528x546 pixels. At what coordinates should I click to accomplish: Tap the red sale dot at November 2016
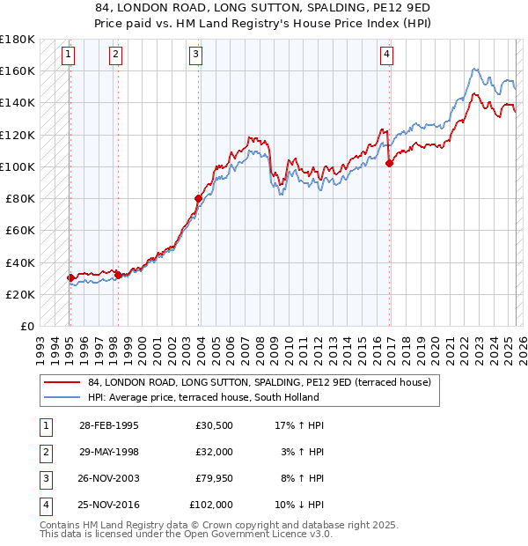(x=389, y=163)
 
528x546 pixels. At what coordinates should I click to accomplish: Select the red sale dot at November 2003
(x=198, y=198)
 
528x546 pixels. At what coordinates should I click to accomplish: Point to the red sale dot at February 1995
(x=70, y=277)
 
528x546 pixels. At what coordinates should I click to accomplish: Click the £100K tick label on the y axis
(x=18, y=166)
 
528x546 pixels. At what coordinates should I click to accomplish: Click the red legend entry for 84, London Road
(x=259, y=382)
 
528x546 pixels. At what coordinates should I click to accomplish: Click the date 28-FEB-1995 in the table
(x=108, y=425)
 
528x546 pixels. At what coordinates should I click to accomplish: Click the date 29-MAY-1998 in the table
(x=109, y=452)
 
